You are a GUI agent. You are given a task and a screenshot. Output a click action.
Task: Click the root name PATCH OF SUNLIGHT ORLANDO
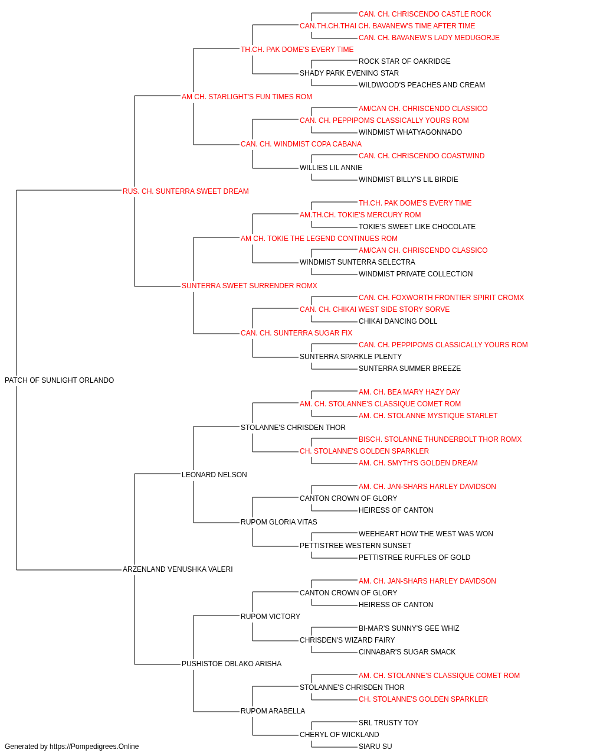(59, 380)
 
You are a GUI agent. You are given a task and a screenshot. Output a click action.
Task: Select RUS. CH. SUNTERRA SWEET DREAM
(185, 191)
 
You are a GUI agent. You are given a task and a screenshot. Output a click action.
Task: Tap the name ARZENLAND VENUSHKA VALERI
(178, 569)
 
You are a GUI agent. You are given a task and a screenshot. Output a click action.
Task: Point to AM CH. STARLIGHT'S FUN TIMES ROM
(247, 96)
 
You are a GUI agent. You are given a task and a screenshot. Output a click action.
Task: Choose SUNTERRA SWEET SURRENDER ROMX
(249, 286)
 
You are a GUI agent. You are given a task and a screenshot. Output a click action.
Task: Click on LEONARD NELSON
(214, 474)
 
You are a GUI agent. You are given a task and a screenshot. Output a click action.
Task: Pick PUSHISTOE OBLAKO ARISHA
(231, 663)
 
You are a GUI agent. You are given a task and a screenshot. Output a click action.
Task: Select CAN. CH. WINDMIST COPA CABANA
(301, 144)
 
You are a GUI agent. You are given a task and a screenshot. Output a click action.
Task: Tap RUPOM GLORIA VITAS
(278, 522)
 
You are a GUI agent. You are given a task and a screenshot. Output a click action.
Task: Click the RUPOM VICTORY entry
(270, 616)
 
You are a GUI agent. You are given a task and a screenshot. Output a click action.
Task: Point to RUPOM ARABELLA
(273, 711)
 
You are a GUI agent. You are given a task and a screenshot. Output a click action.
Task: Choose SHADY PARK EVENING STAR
(349, 73)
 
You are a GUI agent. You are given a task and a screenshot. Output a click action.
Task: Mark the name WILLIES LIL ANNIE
(331, 167)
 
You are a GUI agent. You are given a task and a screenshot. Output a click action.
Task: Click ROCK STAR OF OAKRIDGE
(405, 61)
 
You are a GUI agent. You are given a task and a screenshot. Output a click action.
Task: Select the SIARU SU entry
(375, 747)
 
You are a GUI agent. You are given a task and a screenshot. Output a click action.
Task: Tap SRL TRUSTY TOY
(388, 722)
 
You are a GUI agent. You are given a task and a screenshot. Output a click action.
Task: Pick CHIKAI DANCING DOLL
(398, 321)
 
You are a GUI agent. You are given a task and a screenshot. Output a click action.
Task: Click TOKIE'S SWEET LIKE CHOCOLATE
(417, 226)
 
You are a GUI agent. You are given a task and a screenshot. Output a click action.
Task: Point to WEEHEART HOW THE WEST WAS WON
(425, 534)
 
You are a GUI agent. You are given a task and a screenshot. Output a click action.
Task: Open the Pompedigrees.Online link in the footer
(94, 747)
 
